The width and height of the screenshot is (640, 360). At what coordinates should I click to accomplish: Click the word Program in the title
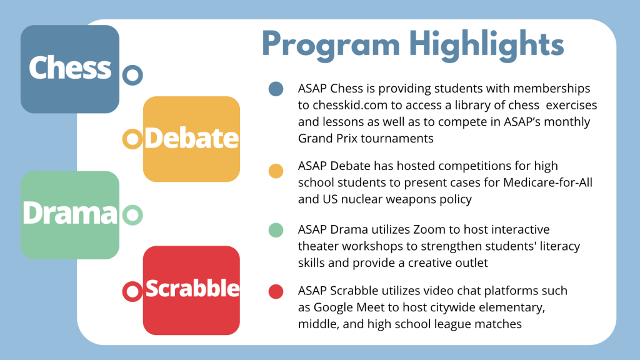click(x=331, y=45)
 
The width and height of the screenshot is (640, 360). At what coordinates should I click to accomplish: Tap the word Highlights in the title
click(x=487, y=45)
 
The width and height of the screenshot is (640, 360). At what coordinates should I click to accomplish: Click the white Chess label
click(x=70, y=67)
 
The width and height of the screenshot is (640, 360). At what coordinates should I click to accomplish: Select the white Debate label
click(x=191, y=138)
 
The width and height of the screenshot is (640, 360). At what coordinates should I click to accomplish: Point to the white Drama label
click(x=70, y=213)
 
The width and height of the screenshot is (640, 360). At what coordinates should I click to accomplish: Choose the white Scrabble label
click(x=192, y=288)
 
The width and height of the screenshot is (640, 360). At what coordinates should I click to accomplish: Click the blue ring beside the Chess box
click(x=132, y=75)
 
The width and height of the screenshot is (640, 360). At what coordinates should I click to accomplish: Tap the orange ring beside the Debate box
click(x=132, y=139)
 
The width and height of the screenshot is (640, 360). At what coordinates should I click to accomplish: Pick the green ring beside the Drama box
click(x=132, y=215)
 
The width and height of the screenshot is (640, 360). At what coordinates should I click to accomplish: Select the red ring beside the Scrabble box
click(x=132, y=291)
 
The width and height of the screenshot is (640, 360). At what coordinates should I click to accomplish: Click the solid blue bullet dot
click(x=276, y=89)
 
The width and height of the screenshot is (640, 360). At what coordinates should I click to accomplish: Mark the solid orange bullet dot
click(x=276, y=171)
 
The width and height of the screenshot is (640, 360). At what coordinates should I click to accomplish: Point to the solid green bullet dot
click(x=276, y=230)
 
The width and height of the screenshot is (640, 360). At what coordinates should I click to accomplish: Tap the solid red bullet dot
click(x=276, y=291)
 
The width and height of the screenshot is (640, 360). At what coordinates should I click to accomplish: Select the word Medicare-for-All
click(x=547, y=182)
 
